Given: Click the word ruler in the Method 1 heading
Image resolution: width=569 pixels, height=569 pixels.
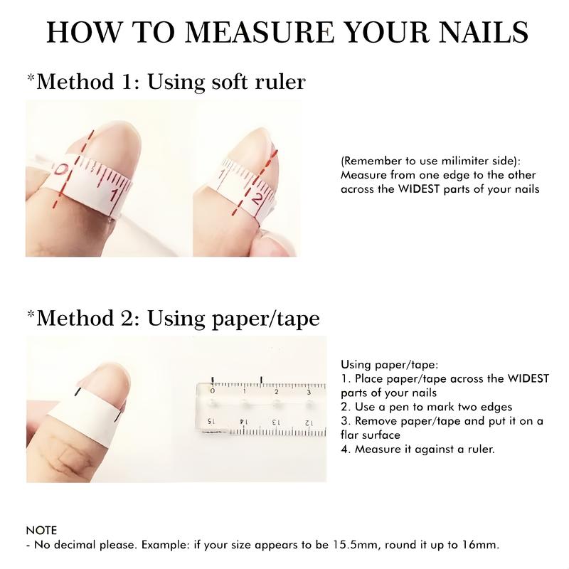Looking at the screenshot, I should tap(277, 82).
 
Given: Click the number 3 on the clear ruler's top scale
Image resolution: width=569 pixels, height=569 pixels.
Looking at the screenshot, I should tap(308, 392).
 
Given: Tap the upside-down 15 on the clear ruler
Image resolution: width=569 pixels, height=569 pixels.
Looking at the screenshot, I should tap(211, 421).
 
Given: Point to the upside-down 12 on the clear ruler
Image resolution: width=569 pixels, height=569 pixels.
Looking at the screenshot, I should tap(309, 422).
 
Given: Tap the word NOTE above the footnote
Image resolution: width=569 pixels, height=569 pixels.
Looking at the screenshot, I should tap(41, 531).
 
